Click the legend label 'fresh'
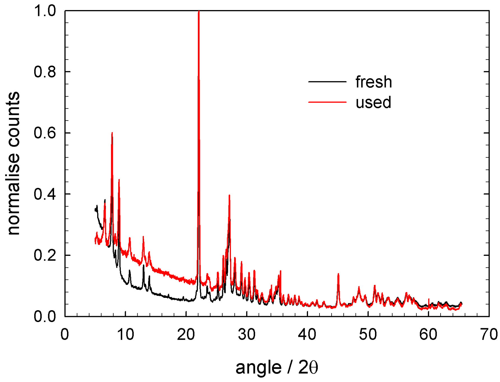[374, 82]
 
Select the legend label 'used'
[373, 102]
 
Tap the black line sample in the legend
[327, 82]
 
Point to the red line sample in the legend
[327, 102]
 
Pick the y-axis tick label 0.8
[45, 72]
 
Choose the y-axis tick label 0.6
[45, 133]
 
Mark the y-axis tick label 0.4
[45, 194]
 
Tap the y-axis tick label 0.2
[45, 255]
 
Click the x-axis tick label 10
[125, 334]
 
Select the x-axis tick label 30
[247, 334]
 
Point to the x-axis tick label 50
[368, 334]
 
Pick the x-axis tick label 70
[489, 334]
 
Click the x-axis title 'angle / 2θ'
[277, 367]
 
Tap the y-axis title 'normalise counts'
[13, 163]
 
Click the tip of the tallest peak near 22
[199, 12]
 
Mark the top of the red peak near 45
[338, 274]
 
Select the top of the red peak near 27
[229, 195]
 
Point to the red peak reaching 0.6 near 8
[112, 133]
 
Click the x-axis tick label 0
[65, 334]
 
